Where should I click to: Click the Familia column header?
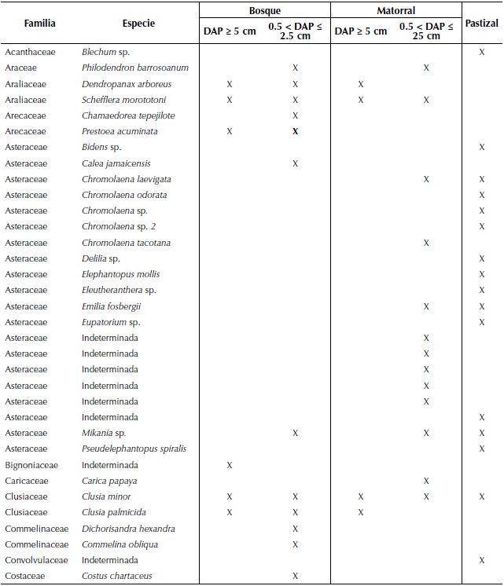point(39,24)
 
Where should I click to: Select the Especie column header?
point(138,24)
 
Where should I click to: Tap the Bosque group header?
point(264,11)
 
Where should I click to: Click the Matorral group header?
point(395,11)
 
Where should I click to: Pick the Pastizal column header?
point(481,24)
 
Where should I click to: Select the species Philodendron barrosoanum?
point(135,68)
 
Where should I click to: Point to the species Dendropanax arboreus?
point(127,84)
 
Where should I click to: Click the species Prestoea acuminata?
point(120,131)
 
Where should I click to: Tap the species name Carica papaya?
point(109,481)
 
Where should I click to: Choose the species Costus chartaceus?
point(117,576)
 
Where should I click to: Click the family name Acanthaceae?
point(29,52)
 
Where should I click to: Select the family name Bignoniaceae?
point(31,465)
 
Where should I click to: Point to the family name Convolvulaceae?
point(36,560)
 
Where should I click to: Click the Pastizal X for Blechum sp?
point(482,52)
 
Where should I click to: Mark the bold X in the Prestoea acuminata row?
point(295,131)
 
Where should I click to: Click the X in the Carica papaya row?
point(426,481)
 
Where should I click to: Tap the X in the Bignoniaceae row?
point(230,465)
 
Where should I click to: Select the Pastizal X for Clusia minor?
point(482,496)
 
